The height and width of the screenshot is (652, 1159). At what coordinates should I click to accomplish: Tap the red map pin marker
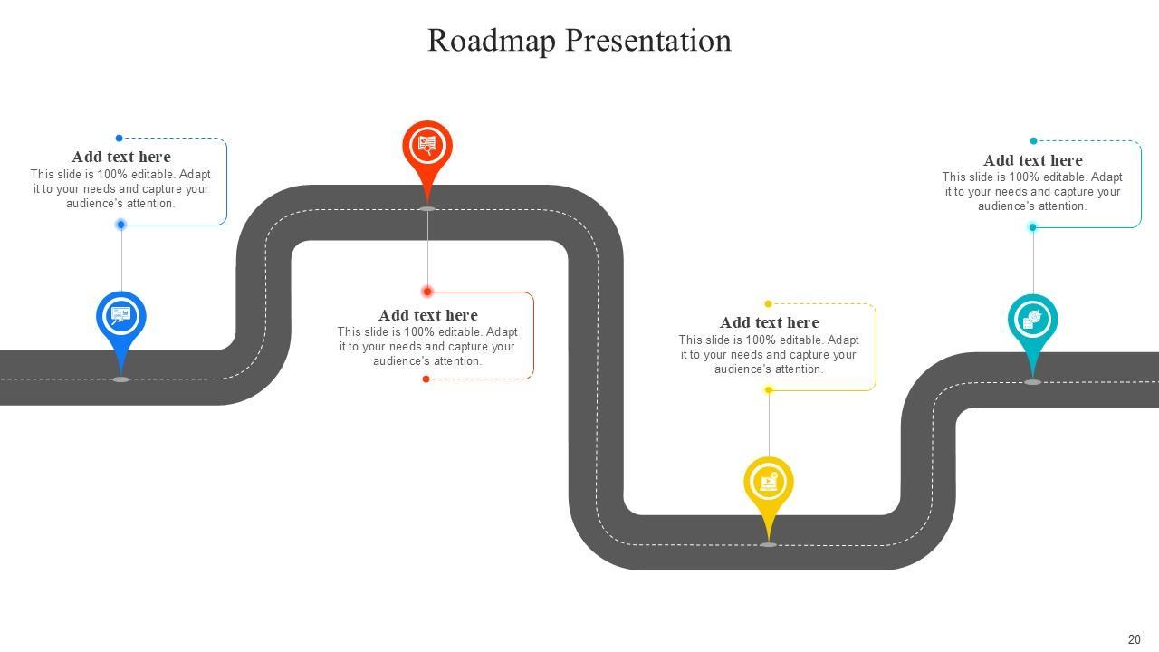(x=427, y=147)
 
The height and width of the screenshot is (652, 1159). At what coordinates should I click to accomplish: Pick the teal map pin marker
(x=1032, y=321)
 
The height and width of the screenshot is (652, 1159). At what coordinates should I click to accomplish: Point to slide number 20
(x=1134, y=639)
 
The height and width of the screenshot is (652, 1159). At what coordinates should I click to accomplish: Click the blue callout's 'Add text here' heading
(x=121, y=157)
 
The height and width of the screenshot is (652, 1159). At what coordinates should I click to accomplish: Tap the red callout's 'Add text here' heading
(x=427, y=315)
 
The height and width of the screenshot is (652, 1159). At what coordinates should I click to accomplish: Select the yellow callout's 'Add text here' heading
(x=769, y=322)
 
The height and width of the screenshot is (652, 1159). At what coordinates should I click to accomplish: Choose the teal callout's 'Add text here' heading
(x=1032, y=160)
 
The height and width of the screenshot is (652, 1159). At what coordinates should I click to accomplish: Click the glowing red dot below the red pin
(x=427, y=292)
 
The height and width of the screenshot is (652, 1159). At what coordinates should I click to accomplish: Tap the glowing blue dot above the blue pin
(x=121, y=225)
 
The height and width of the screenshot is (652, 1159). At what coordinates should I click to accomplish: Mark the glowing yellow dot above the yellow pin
(x=769, y=390)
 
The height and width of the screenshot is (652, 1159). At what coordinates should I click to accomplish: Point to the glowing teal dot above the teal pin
(x=1032, y=227)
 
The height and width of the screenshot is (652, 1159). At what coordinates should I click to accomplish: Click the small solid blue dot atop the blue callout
(x=119, y=139)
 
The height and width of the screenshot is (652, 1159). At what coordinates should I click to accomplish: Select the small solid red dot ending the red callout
(x=426, y=379)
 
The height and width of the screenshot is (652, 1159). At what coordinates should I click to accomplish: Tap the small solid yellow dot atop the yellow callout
(x=768, y=304)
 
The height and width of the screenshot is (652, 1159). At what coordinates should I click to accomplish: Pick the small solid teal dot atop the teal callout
(x=1033, y=141)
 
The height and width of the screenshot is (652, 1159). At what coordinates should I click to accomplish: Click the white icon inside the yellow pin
(x=769, y=482)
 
